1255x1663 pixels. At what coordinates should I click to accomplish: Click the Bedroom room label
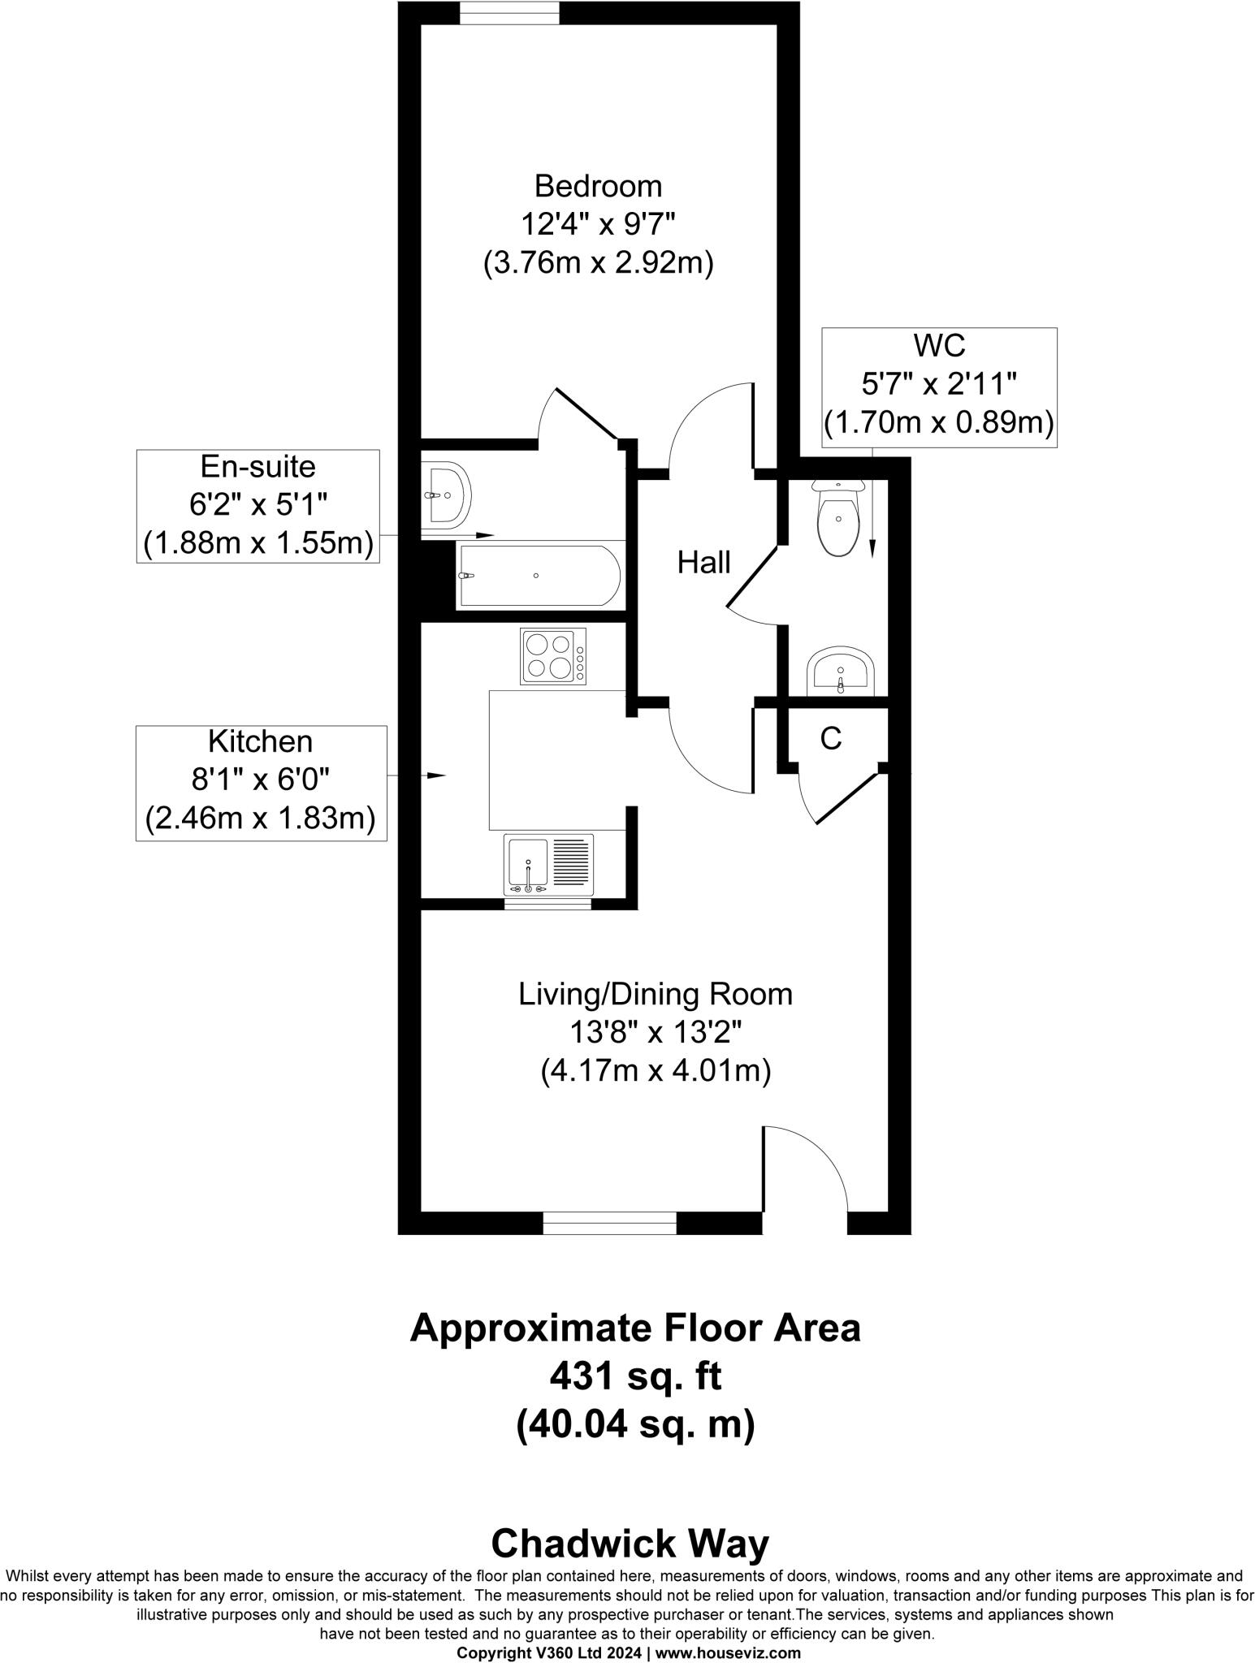(598, 187)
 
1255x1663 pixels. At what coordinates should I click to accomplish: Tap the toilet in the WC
(838, 520)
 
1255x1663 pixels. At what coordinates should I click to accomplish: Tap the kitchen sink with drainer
(548, 865)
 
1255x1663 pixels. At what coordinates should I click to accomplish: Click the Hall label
(703, 563)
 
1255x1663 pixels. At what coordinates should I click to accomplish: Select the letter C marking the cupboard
(830, 738)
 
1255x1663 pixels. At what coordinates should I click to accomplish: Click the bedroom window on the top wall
(509, 13)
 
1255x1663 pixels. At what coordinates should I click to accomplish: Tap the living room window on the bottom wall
(609, 1223)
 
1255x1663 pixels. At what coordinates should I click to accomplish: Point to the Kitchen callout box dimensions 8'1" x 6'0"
(260, 780)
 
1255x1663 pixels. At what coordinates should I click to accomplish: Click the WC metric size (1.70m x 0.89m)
(938, 422)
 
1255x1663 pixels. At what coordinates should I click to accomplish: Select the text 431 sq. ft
(635, 1376)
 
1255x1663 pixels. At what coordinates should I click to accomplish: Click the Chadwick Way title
(630, 1544)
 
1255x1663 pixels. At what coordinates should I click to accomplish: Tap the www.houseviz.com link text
(728, 1652)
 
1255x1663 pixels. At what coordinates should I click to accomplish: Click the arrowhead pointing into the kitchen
(437, 775)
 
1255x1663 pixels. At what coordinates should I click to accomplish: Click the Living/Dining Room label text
(656, 995)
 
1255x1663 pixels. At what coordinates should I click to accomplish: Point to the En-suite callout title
(257, 467)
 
